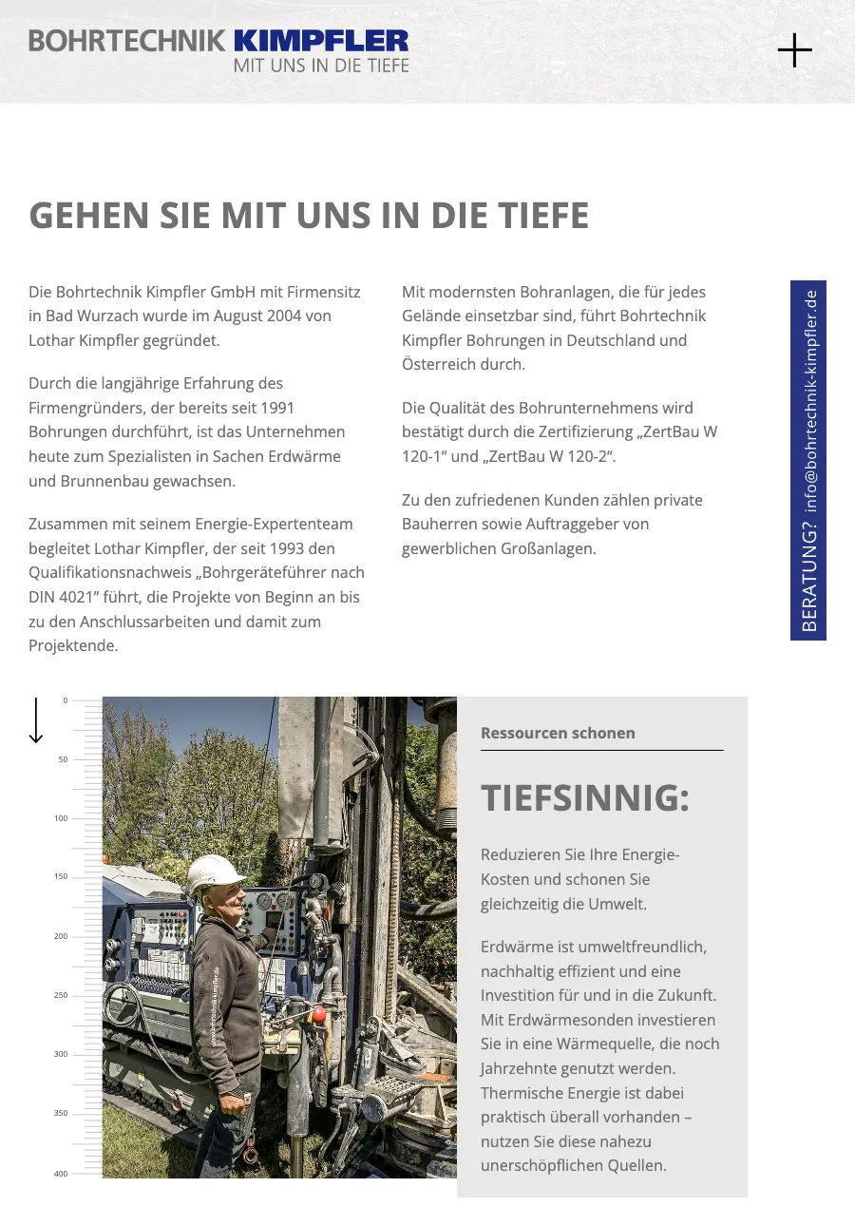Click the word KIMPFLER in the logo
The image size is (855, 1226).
coord(320,41)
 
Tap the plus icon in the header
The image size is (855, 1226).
coord(794,50)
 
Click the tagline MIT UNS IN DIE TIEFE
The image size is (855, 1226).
coord(321,66)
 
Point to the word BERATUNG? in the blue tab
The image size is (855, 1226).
coord(809,581)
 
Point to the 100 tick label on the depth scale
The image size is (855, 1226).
coord(61,818)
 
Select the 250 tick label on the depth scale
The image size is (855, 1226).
coord(61,995)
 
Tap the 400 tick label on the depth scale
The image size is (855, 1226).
coord(61,1174)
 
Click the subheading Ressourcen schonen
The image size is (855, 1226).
coord(558,733)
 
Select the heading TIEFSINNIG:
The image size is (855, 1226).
coord(584,798)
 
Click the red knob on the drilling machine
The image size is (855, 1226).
coord(319,1015)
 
